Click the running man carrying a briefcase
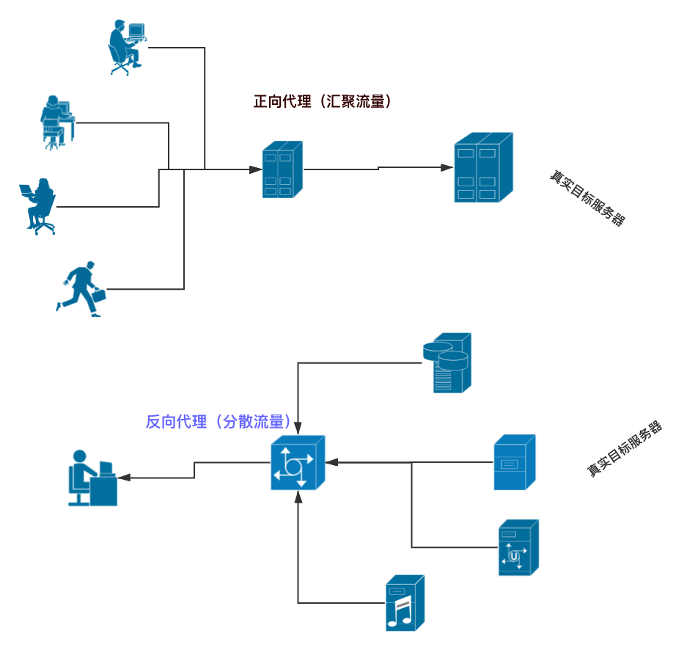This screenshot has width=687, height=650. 81,289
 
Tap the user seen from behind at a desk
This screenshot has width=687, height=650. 56,123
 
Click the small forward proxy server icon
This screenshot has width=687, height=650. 282,169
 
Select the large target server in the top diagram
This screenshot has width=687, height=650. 482,167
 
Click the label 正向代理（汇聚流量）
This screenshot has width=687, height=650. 322,102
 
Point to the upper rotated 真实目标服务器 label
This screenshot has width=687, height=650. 587,199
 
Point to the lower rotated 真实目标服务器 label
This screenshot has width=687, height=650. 625,449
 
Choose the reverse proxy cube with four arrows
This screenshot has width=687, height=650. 297,463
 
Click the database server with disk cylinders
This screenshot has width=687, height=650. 447,363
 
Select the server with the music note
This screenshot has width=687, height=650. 405,603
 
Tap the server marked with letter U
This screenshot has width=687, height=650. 518,548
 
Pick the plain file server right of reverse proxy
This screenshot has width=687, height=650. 514,463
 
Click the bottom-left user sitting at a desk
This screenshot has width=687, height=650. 92,478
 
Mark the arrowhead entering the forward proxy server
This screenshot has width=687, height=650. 255,169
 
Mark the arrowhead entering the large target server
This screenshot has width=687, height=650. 447,167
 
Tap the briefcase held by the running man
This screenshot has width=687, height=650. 98,296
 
